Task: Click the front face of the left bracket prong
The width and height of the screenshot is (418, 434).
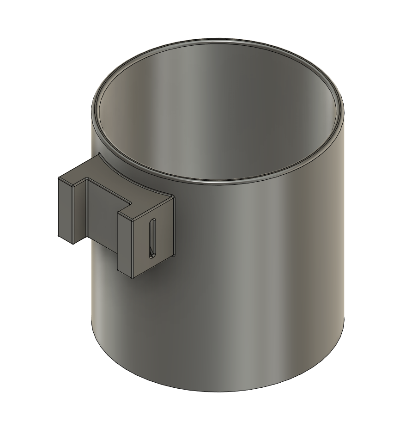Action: click(64, 208)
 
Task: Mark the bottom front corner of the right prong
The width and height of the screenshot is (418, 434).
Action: click(132, 278)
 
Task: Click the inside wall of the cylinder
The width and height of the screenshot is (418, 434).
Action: click(222, 116)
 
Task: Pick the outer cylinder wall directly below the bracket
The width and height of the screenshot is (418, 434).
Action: click(139, 324)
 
